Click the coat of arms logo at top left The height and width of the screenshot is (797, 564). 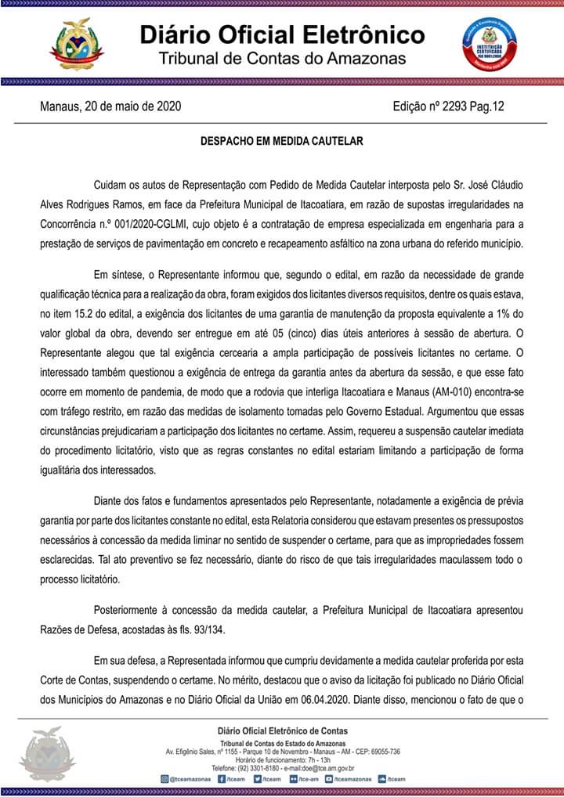[76, 44]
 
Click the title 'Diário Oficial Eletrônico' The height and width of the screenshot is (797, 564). [282, 35]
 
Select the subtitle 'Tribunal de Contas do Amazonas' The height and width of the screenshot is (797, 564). [282, 60]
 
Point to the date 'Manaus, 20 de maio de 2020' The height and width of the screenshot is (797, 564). [110, 106]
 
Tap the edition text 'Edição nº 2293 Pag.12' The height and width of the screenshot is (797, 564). [448, 106]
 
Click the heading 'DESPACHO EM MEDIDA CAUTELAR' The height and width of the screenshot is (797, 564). [282, 142]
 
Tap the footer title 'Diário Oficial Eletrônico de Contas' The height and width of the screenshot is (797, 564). [282, 731]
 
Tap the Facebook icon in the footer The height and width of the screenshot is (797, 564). [222, 779]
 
